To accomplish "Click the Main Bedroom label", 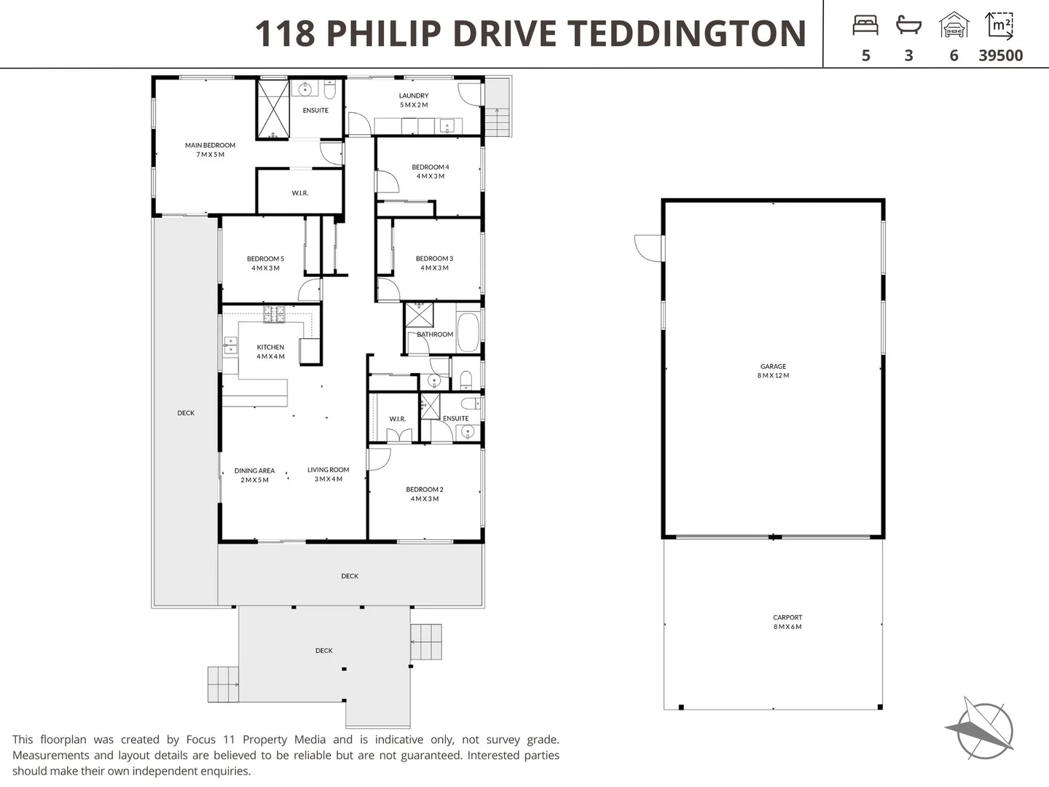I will point(210,150).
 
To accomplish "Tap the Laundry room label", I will point(414,101).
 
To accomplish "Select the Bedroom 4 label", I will point(431,172).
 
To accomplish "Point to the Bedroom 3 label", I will point(434,263).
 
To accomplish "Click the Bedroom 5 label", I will point(265,263).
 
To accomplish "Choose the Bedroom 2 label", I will point(425,494).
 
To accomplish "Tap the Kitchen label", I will point(270,352).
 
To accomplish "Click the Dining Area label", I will point(254,475).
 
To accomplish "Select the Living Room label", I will point(328,474).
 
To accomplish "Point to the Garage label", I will point(773,371).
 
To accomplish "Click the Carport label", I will point(787,622).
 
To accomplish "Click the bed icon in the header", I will point(865,26).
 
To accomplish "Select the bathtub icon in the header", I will point(908,26).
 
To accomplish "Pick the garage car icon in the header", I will point(954,26).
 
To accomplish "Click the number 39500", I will point(1000,56).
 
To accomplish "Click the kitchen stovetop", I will point(275,314).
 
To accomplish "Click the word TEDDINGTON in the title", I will point(686,34).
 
